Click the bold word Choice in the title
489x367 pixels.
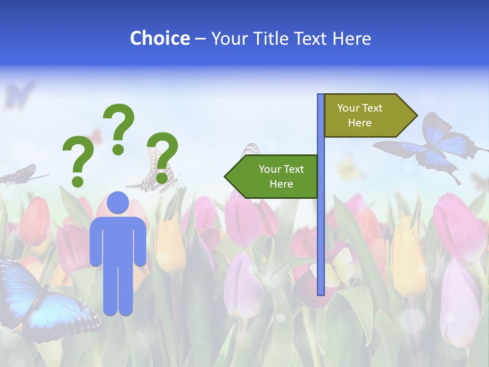159,38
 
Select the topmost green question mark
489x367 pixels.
119,127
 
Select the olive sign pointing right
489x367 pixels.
364,115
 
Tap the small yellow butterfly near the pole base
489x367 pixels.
336,268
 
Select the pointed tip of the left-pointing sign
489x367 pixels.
226,176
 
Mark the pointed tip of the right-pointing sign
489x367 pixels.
416,116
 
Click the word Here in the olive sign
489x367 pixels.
360,123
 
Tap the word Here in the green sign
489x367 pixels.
281,184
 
